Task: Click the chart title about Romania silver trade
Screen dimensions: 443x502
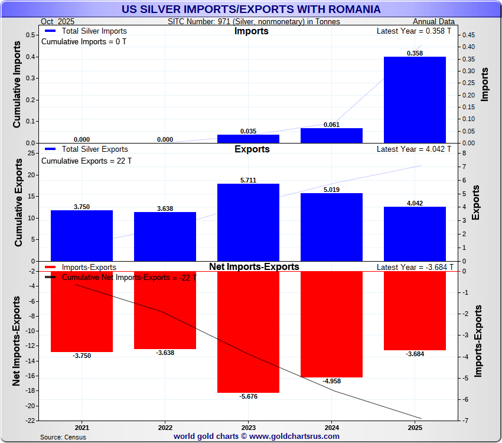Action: coord(251,9)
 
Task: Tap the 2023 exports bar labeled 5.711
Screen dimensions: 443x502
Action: coord(248,222)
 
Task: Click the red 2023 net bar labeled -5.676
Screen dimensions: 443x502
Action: coord(248,331)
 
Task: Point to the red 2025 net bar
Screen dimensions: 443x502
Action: coord(415,311)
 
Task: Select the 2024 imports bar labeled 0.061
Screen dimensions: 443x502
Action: coord(331,135)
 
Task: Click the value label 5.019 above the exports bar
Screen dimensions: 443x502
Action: coord(331,190)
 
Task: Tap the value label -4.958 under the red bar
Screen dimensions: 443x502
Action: coord(331,381)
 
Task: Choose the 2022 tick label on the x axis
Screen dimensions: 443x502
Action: coord(165,427)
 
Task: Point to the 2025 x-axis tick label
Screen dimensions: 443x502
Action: coord(415,427)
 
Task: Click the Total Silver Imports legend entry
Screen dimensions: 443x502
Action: coord(86,31)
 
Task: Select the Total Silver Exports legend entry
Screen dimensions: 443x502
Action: coord(86,149)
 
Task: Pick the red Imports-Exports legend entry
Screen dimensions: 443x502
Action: coord(82,268)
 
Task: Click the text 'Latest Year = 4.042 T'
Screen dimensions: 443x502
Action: coord(414,149)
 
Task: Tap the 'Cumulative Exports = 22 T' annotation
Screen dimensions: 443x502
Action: coord(86,160)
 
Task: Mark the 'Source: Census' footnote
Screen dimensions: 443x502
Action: coord(63,437)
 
